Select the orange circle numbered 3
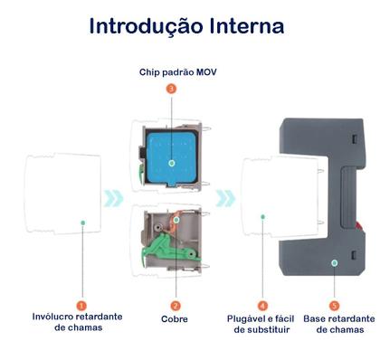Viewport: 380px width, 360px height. point(172,89)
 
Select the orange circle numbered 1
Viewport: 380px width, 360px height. point(82,306)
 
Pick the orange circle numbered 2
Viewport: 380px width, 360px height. point(175,306)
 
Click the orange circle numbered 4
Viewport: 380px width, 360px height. point(262,306)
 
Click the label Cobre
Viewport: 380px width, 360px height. point(175,320)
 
